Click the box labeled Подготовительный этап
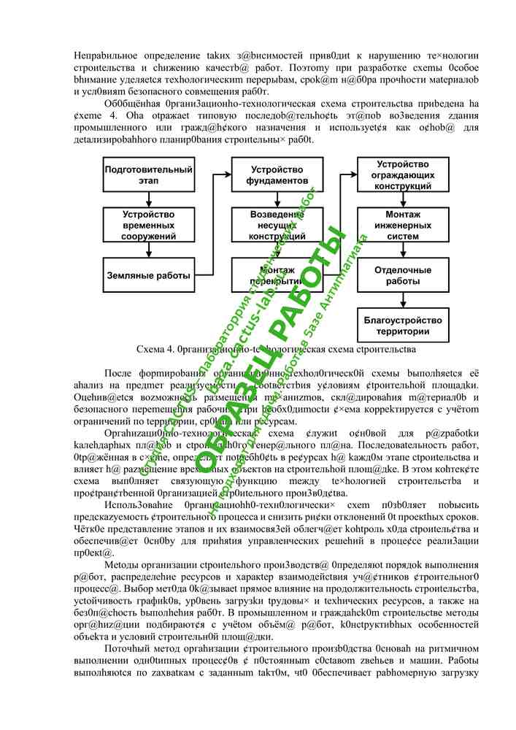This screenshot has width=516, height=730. [149, 175]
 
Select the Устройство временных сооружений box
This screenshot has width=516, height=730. [149, 225]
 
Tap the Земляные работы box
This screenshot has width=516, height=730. [149, 276]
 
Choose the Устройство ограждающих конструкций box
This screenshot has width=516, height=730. [403, 175]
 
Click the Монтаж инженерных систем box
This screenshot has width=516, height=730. [403, 225]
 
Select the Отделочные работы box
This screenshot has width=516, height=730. [403, 275]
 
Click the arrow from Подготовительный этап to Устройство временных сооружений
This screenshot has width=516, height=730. [149, 199]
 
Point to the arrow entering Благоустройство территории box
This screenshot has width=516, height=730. [403, 301]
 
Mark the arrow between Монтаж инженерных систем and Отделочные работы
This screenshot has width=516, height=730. [403, 250]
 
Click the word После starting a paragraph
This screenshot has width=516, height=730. [120, 372]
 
